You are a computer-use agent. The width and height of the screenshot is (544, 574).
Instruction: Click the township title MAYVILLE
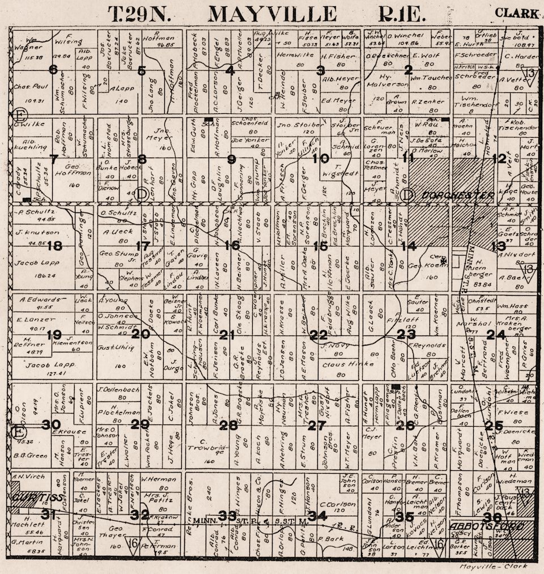point(272,13)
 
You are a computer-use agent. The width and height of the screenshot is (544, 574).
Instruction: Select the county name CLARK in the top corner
point(516,12)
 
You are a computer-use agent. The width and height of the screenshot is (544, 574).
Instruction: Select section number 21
point(227,335)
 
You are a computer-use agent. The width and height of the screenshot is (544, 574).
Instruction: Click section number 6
point(53,70)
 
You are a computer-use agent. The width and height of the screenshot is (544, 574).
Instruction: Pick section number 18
point(55,246)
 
